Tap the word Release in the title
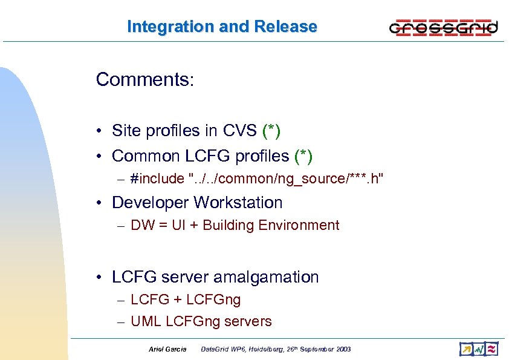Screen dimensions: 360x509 (286, 27)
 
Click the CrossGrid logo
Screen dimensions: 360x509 (444, 27)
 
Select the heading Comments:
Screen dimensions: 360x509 (144, 80)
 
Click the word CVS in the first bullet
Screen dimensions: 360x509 (240, 131)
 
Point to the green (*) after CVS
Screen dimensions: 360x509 (271, 131)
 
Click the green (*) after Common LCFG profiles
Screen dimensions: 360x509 (303, 156)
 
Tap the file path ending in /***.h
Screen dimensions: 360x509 (286, 178)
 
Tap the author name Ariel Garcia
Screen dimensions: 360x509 (167, 349)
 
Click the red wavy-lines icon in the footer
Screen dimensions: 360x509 (491, 349)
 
